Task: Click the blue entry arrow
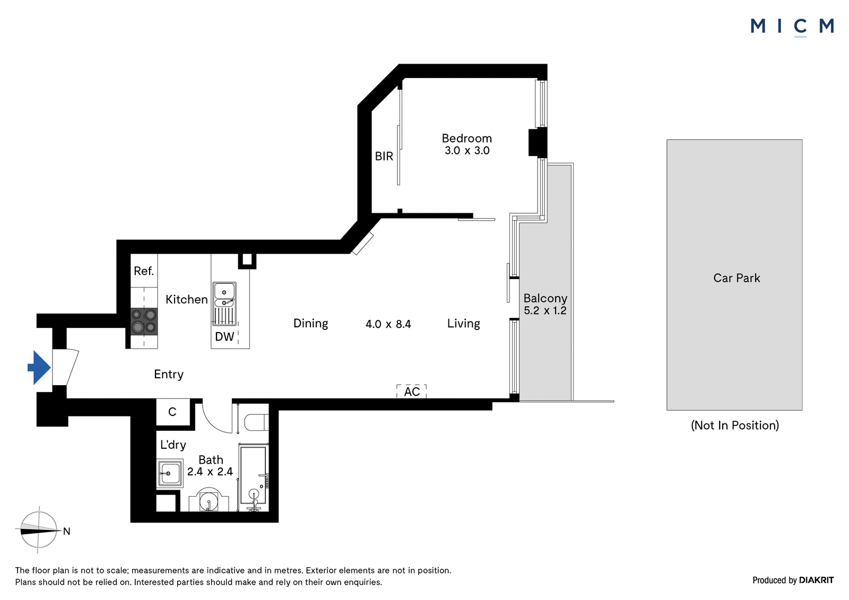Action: [x=39, y=368]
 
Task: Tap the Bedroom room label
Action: [x=466, y=138]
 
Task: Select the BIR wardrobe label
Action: [x=384, y=156]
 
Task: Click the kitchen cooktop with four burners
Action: [x=144, y=321]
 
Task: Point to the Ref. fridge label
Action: [x=144, y=271]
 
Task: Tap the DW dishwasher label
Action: [x=224, y=336]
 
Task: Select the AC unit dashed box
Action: [x=412, y=392]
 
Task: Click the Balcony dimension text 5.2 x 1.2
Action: [x=545, y=311]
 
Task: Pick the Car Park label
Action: [x=737, y=278]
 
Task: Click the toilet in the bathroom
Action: [x=257, y=422]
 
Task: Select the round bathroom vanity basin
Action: [x=209, y=500]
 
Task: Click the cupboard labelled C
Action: [x=173, y=412]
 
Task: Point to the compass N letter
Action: [x=67, y=532]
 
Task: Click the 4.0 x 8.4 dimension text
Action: [x=388, y=324]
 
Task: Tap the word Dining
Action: [x=311, y=323]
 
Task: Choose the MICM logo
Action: [x=792, y=27]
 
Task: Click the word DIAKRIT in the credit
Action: [x=816, y=580]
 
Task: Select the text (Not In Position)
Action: [x=735, y=425]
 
